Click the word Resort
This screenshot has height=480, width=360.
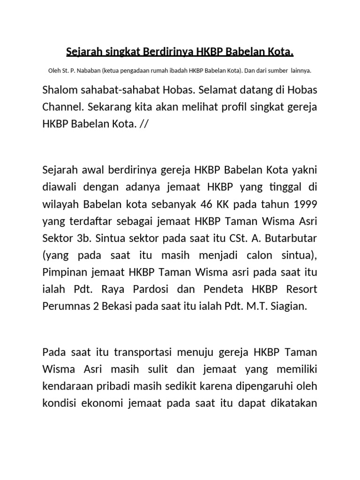[300, 289]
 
